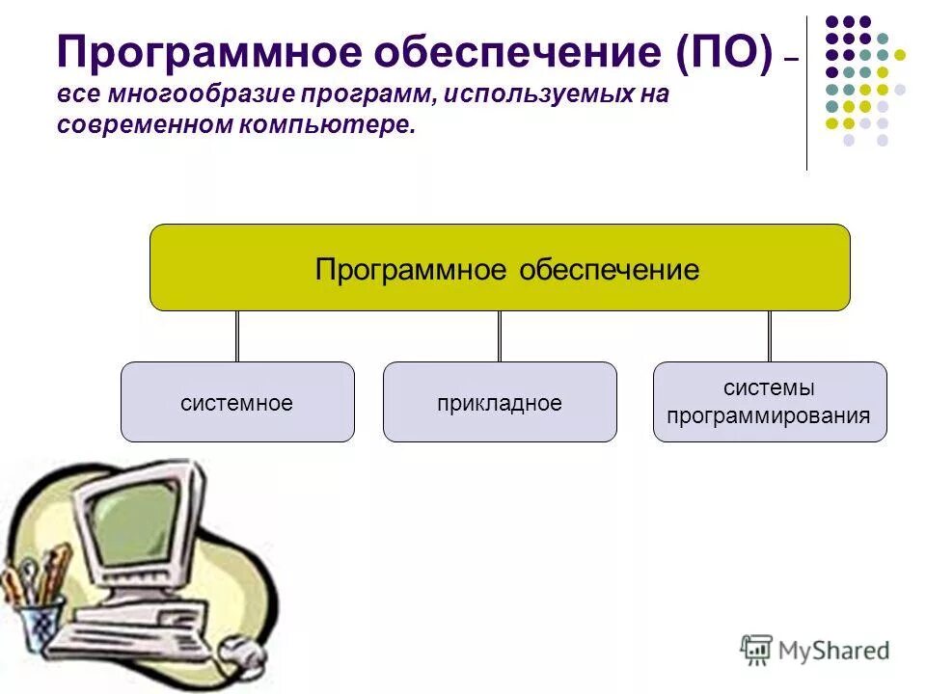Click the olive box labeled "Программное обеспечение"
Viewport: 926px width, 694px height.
[500, 268]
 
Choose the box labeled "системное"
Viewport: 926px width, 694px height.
[237, 402]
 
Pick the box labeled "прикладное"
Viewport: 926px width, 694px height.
[500, 402]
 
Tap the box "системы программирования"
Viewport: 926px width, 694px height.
[770, 402]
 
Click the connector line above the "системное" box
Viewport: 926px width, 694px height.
[237, 335]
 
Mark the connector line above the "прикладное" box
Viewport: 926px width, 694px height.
[500, 335]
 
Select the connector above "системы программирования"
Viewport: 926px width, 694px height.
[770, 335]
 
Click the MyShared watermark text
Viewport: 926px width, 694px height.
[833, 651]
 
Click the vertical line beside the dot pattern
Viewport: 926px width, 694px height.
[806, 92]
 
